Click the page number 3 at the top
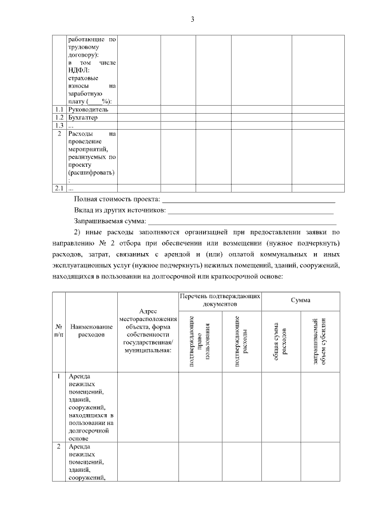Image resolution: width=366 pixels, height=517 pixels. (x=193, y=20)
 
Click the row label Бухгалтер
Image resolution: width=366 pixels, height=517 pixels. (x=83, y=117)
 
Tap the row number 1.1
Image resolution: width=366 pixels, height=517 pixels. (x=58, y=109)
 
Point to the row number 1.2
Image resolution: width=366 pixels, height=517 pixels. (x=58, y=117)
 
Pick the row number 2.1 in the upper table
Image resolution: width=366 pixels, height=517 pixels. (x=58, y=188)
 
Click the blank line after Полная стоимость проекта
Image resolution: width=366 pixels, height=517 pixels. (x=249, y=201)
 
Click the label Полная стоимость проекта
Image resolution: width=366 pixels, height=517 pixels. (x=117, y=199)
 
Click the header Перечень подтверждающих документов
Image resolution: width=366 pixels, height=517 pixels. (x=220, y=300)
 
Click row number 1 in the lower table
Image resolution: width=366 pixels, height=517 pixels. (x=59, y=377)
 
